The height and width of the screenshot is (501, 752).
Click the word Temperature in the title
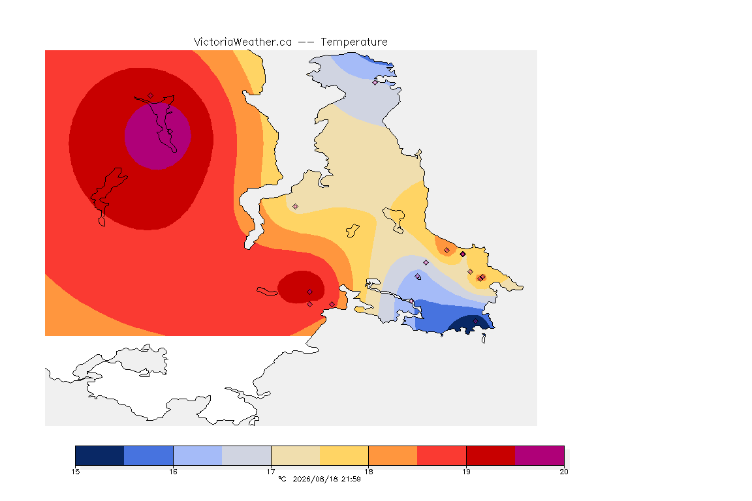(354, 42)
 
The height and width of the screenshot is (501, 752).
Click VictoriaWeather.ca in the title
(243, 42)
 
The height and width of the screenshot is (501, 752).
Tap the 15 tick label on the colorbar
(75, 472)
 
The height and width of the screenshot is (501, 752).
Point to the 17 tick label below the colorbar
(271, 472)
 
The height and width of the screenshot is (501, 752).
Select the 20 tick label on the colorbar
(564, 472)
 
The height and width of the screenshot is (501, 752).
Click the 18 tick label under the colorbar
(368, 472)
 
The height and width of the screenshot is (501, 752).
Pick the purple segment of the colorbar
(540, 455)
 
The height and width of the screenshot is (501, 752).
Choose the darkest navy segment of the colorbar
(100, 455)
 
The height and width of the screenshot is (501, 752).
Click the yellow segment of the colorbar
(344, 455)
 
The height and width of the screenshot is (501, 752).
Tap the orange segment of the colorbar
(393, 455)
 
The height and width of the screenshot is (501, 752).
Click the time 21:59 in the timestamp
(351, 479)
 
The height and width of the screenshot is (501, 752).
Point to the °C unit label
(282, 479)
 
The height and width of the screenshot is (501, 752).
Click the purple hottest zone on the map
(158, 136)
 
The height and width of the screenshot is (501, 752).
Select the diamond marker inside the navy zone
(475, 321)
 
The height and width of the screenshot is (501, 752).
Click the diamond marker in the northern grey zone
(375, 82)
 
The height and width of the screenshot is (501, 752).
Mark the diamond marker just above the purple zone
(151, 96)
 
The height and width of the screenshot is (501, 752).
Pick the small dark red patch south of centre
(301, 287)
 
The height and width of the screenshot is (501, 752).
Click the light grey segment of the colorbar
(247, 455)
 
